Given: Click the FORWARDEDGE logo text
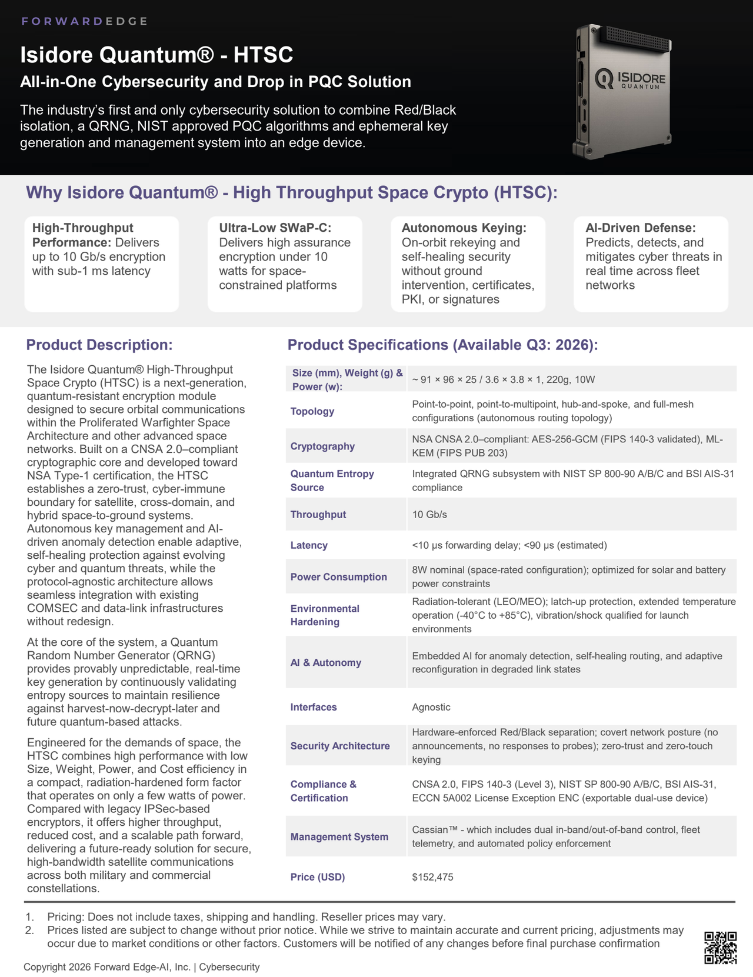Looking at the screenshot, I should [x=84, y=22].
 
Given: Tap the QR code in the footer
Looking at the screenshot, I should [x=720, y=948].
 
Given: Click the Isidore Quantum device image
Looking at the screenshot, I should [x=622, y=91].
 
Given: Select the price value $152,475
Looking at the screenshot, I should [x=432, y=877].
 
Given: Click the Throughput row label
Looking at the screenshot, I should [x=318, y=515].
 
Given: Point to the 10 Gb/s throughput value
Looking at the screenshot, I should [x=429, y=515].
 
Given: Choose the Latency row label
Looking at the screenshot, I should [x=309, y=545].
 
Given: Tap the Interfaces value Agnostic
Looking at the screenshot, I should [x=431, y=707].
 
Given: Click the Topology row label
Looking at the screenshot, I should [x=312, y=411].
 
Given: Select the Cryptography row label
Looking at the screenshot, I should [x=322, y=446].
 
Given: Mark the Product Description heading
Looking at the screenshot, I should [x=99, y=345].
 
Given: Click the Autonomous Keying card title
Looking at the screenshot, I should [x=464, y=228].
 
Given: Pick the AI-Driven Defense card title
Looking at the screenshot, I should [x=641, y=228].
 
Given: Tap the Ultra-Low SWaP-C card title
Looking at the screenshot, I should [x=275, y=228].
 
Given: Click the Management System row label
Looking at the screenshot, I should [x=339, y=836].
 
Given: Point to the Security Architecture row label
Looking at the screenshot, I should [x=340, y=746].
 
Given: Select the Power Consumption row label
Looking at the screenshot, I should [x=338, y=577].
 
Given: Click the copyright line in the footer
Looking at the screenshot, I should [x=141, y=967].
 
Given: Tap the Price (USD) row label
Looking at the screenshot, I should [x=318, y=877].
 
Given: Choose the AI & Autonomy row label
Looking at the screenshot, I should [x=326, y=662].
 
